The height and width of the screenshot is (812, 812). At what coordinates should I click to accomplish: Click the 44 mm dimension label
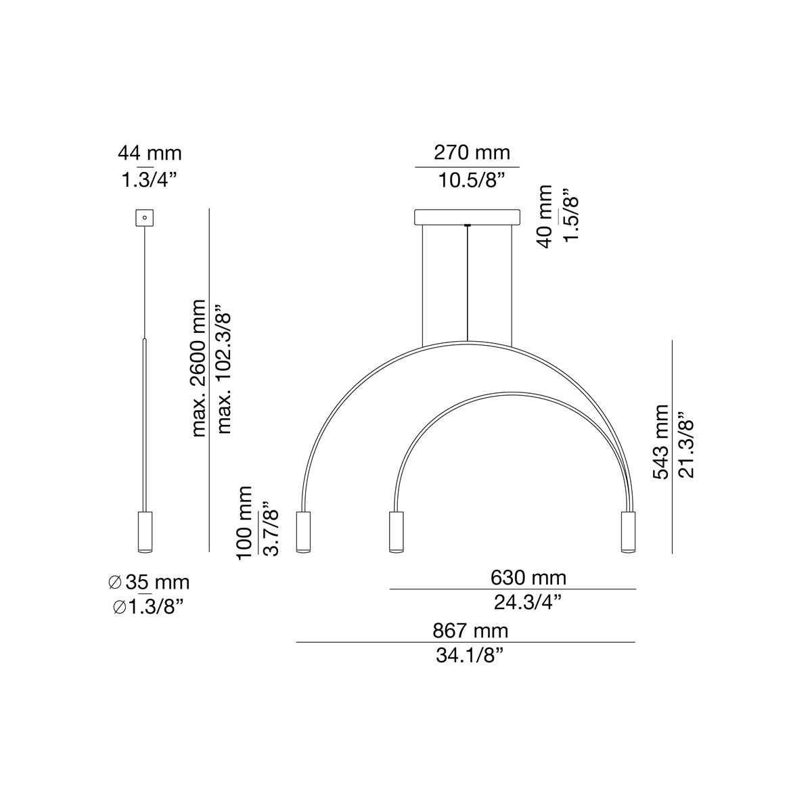coord(150,154)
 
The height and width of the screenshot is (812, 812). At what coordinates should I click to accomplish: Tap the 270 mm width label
coord(472,152)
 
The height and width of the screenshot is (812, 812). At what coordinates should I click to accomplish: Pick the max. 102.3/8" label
coord(225,373)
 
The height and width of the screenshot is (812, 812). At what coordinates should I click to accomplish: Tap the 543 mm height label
coord(660,443)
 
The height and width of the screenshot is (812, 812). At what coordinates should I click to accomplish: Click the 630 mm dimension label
coord(528,578)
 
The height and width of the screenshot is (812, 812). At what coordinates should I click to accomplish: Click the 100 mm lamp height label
coord(244,521)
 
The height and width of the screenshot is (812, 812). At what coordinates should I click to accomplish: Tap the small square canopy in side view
coord(145,218)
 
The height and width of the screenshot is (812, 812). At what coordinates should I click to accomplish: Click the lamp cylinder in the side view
coord(145,533)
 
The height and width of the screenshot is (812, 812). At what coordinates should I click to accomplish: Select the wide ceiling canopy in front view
coord(467,217)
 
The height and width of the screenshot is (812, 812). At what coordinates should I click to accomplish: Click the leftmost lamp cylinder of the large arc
coord(303,533)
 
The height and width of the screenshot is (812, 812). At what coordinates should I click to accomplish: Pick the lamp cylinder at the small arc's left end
coord(395,533)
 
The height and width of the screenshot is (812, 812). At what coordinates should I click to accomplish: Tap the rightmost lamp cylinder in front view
coord(627,533)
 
